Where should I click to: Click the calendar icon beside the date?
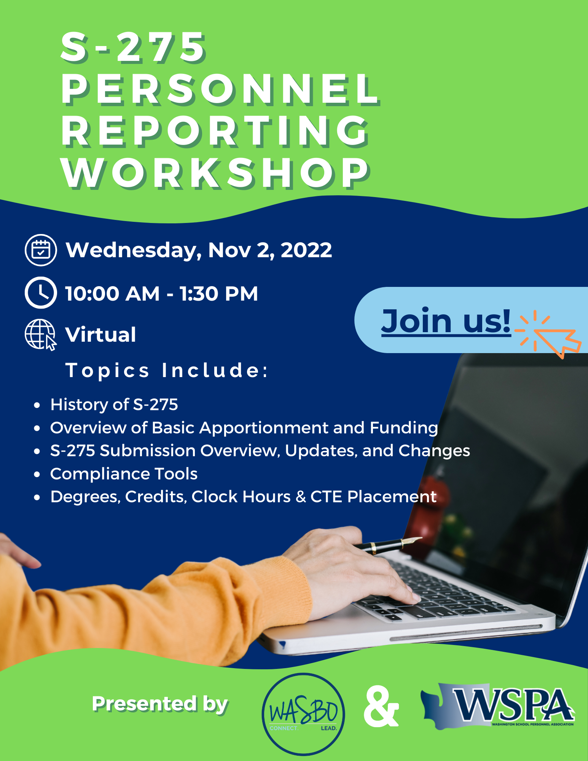tap(41, 250)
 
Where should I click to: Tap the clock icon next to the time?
tap(41, 293)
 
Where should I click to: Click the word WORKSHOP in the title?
tap(216, 173)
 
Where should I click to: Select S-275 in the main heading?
tap(133, 48)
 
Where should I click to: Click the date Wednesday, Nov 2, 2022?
tap(199, 250)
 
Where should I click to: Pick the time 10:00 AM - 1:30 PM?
tap(161, 294)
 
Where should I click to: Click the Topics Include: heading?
tap(167, 370)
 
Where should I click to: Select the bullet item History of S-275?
tap(114, 404)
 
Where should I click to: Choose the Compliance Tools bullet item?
tap(124, 474)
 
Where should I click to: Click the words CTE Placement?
tap(373, 497)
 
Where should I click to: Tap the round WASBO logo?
tap(303, 714)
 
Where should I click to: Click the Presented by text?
tap(160, 704)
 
